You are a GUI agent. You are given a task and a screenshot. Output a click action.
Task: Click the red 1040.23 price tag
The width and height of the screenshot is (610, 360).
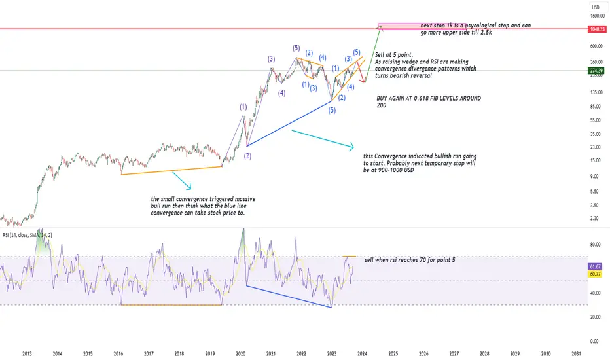click(597, 29)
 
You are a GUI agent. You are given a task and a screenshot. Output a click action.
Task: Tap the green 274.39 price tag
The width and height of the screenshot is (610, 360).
click(596, 71)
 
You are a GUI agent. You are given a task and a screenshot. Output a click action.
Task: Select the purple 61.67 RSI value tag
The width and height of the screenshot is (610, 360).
click(595, 266)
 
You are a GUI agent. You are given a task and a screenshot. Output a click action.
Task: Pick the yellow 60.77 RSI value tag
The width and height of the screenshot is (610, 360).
click(595, 274)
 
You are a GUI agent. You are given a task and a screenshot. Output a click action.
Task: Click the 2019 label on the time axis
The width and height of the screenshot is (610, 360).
click(210, 353)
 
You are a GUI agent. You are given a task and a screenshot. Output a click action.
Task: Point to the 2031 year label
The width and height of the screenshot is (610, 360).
click(576, 353)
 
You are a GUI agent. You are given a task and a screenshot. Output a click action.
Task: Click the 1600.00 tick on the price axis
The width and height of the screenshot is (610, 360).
click(597, 16)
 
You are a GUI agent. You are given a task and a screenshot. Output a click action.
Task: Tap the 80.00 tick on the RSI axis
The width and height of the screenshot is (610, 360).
click(595, 245)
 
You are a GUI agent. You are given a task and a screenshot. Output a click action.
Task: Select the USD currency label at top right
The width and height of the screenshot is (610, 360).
click(596, 7)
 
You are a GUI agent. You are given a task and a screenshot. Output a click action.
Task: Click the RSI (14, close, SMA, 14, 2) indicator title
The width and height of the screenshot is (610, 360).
click(27, 235)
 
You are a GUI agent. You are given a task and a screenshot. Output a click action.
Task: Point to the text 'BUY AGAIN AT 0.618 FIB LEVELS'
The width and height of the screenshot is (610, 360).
click(418, 98)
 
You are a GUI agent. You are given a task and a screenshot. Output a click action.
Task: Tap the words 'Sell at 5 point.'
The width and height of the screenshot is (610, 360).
click(394, 55)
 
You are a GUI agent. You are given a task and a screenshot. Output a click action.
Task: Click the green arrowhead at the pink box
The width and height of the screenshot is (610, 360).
click(380, 27)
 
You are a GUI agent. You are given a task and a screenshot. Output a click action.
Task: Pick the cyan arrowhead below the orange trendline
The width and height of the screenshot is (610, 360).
click(188, 187)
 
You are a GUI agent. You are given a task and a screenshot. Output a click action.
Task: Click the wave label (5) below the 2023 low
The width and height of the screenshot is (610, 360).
click(331, 110)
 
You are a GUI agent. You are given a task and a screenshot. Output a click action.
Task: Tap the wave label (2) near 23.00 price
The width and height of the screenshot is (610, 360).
click(247, 156)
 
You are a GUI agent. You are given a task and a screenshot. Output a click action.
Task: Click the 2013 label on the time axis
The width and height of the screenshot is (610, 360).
click(27, 353)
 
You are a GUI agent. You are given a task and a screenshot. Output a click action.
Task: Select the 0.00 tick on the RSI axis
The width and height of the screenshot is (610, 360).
click(594, 341)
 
